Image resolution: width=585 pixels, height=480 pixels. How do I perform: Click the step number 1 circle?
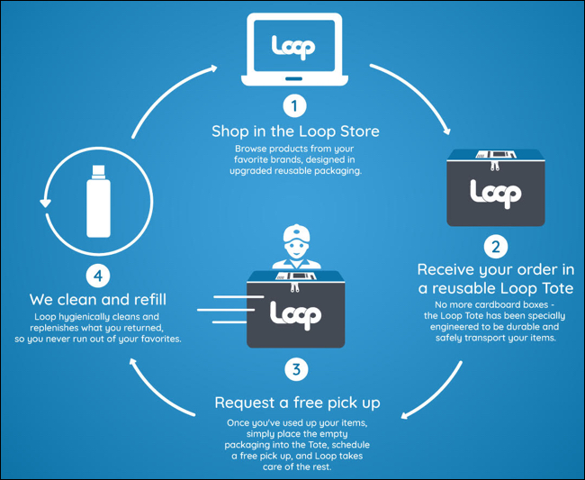(294, 106)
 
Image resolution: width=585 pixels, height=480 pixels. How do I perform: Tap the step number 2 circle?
(496, 247)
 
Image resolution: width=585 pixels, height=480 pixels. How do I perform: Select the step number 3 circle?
(296, 370)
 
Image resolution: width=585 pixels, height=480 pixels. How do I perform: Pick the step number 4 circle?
(98, 276)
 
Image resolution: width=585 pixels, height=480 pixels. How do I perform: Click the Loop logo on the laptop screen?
(293, 47)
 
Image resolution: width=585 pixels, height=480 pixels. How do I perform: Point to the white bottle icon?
(98, 201)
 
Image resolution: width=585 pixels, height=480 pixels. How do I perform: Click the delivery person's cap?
(297, 234)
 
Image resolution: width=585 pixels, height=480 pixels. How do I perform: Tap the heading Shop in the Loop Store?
(295, 131)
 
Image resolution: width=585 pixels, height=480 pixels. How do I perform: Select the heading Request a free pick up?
(297, 403)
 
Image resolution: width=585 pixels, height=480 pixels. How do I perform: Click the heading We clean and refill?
(98, 299)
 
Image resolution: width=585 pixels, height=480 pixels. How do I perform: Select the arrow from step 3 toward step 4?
(157, 391)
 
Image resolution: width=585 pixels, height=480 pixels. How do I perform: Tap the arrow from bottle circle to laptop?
(168, 96)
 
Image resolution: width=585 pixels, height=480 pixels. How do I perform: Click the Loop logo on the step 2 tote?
(496, 194)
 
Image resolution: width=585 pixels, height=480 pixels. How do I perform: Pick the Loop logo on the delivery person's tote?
(296, 315)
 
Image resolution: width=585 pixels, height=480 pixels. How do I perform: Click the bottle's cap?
(98, 171)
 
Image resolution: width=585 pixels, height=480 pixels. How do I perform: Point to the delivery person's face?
(297, 249)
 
